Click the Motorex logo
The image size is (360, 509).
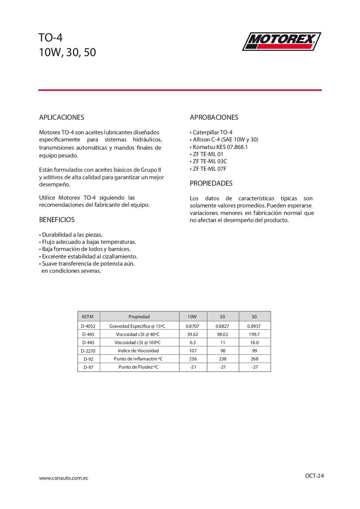[x=281, y=41]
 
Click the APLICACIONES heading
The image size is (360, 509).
[x=62, y=117]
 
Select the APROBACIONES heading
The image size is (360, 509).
[x=214, y=117]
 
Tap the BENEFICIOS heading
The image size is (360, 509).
[x=57, y=220]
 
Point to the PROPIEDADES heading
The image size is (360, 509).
[x=211, y=183]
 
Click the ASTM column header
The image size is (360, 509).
[x=87, y=317]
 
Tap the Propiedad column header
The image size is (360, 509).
[x=139, y=317]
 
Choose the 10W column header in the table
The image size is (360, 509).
[x=192, y=317]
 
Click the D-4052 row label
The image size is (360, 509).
[x=88, y=326]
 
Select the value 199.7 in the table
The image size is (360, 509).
[x=254, y=334]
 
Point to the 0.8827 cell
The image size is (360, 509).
[x=223, y=326]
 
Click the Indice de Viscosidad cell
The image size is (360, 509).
[x=138, y=351]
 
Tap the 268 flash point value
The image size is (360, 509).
[x=255, y=359]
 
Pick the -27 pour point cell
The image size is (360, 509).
[x=255, y=367]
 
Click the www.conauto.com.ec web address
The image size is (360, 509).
[x=64, y=478]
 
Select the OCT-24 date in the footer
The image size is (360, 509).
[x=314, y=476]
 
